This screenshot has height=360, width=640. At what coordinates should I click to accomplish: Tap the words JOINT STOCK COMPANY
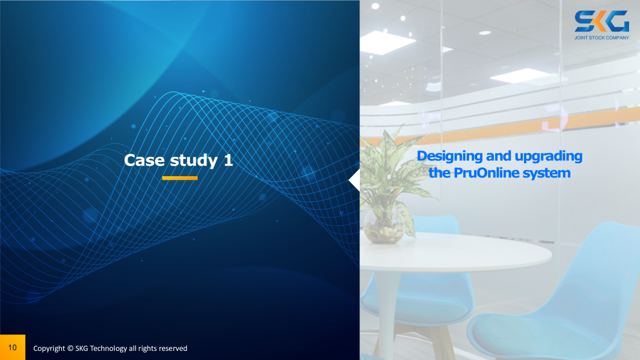point(602,38)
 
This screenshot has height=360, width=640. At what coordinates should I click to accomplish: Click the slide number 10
point(12,347)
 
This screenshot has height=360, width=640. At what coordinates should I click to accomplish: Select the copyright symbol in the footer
point(70,348)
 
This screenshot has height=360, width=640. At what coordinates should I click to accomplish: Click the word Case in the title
point(144,160)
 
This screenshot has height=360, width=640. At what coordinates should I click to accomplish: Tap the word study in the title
point(194,161)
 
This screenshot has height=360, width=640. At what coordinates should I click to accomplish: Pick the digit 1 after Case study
point(228,160)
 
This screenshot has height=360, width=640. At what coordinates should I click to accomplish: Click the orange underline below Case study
point(180,178)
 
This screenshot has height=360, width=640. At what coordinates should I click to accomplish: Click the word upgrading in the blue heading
point(548,156)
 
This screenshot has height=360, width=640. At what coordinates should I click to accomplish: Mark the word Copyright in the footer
point(49,349)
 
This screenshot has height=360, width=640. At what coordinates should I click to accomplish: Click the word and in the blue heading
point(499,156)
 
